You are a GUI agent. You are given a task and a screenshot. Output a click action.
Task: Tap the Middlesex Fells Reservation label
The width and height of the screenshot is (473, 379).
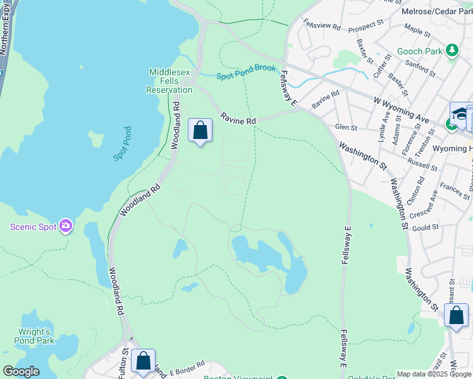(169, 81)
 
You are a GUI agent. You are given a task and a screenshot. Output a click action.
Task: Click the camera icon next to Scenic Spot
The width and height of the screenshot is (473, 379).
(66, 226)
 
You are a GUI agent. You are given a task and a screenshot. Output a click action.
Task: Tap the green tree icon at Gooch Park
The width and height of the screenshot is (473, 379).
(451, 51)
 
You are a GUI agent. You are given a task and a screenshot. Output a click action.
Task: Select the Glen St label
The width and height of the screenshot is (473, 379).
(346, 128)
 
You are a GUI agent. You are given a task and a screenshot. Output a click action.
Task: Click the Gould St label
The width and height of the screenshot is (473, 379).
(426, 227)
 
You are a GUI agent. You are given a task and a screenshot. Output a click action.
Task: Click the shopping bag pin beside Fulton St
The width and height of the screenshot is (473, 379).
(144, 361)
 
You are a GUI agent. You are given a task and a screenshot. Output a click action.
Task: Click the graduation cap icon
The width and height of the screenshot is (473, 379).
(460, 114)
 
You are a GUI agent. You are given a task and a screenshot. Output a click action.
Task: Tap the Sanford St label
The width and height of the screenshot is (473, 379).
(421, 65)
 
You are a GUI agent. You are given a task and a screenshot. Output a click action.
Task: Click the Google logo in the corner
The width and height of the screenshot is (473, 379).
(21, 371)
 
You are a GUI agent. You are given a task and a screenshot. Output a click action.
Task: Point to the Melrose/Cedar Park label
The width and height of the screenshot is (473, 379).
(436, 11)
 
